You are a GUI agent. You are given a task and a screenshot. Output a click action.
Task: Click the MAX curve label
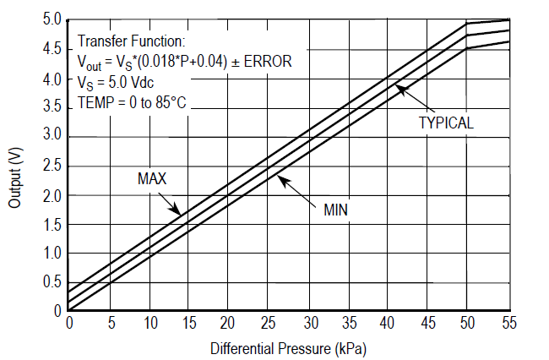tap(152, 179)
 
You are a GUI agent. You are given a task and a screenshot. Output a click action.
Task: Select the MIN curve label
tap(336, 209)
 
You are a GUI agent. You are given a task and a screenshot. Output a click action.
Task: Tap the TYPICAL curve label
tap(446, 123)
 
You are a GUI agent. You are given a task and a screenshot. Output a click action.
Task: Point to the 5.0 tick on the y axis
tap(52, 19)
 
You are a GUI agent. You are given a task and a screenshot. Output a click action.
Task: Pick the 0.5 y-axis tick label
tap(52, 281)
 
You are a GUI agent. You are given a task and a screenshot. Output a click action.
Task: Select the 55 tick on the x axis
tap(508, 324)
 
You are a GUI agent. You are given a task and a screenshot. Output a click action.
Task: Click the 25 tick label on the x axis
tap(269, 324)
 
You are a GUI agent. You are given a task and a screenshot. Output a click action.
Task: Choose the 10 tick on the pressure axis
tap(149, 324)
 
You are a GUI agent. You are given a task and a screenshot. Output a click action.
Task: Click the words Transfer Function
tap(131, 41)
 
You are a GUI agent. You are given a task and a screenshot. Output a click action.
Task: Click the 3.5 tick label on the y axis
tap(52, 106)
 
